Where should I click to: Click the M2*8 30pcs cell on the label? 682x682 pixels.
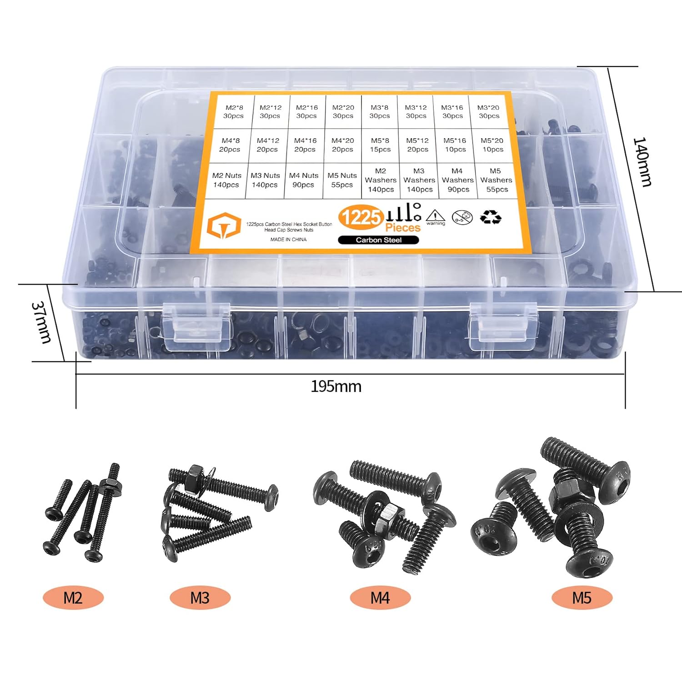pyautogui.click(x=234, y=112)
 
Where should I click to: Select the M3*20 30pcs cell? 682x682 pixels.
pyautogui.click(x=488, y=112)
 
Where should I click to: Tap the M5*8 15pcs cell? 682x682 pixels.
pyautogui.click(x=380, y=145)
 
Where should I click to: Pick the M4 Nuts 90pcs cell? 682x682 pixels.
pyautogui.click(x=303, y=180)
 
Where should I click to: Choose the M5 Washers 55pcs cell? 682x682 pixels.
pyautogui.click(x=496, y=180)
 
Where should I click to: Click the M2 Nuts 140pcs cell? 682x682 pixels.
pyautogui.click(x=226, y=180)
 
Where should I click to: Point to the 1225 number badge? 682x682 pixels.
pyautogui.click(x=361, y=217)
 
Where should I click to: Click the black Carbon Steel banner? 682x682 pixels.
pyautogui.click(x=378, y=240)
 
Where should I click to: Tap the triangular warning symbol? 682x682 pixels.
pyautogui.click(x=436, y=217)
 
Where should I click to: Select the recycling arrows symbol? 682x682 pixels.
pyautogui.click(x=490, y=217)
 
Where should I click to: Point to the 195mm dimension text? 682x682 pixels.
pyautogui.click(x=336, y=386)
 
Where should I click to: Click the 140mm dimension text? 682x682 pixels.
pyautogui.click(x=642, y=162)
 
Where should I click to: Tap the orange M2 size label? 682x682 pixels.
pyautogui.click(x=73, y=598)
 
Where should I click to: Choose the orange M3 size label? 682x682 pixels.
pyautogui.click(x=200, y=598)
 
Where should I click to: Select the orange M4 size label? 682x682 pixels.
pyautogui.click(x=380, y=598)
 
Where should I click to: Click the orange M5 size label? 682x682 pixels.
pyautogui.click(x=582, y=598)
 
